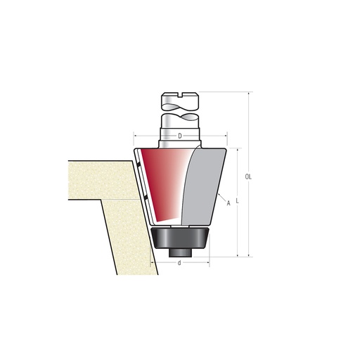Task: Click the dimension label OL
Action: (248, 176)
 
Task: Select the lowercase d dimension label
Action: (180, 263)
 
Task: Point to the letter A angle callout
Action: (229, 203)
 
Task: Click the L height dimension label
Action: (238, 201)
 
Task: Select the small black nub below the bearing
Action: (180, 252)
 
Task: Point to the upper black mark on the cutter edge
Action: (139, 165)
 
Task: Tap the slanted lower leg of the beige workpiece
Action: (130, 236)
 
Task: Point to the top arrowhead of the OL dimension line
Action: (248, 93)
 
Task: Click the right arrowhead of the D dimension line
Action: (225, 136)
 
